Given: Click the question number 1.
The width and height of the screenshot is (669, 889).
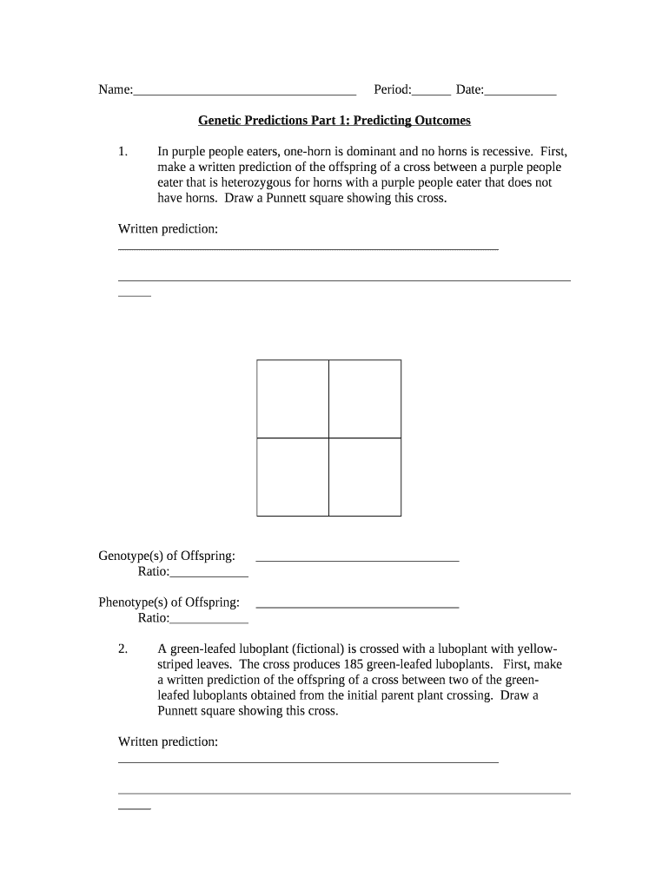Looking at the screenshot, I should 123,151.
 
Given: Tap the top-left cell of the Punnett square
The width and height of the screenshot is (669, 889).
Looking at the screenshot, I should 293,398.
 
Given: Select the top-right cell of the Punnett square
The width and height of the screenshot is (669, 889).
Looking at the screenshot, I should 365,398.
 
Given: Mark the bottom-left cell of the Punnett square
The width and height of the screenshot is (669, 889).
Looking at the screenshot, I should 293,477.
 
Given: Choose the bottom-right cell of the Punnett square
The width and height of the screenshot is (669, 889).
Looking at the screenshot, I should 365,477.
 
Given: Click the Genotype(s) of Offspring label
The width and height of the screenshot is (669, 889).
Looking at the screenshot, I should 167,556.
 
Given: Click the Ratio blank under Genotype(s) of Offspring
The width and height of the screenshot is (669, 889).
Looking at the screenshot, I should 209,576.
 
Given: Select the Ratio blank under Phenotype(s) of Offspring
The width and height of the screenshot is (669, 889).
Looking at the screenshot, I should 209,622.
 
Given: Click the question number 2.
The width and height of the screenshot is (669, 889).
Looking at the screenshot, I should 123,649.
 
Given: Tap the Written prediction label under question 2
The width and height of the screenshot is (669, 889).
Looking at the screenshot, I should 168,741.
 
